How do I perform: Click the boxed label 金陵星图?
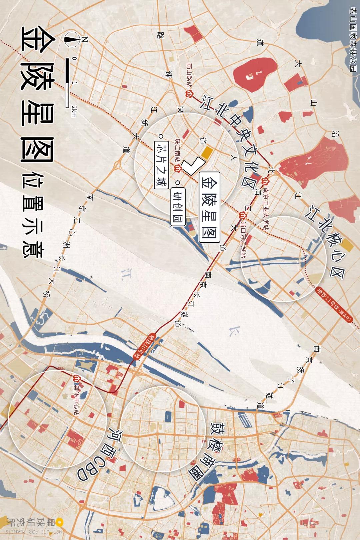[x=210, y=207]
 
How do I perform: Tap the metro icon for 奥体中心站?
[x=76, y=378]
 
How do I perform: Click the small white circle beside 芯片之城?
[x=161, y=136]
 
